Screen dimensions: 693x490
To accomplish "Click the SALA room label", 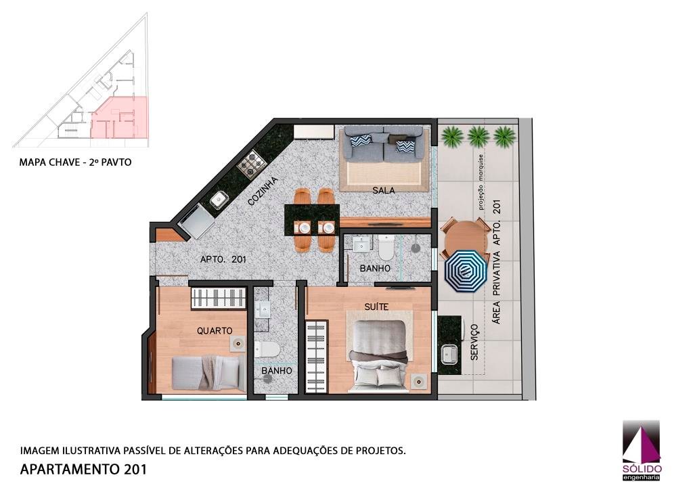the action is click(383, 190).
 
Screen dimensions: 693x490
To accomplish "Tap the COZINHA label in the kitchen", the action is click(263, 191).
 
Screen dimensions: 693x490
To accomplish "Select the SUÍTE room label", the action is click(376, 306).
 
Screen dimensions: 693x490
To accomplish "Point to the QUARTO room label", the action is click(215, 330).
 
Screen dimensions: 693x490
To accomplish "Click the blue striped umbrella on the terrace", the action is click(466, 271).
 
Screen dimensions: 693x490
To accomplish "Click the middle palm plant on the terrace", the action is click(478, 136).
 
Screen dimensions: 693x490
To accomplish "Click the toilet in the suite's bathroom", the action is click(386, 248).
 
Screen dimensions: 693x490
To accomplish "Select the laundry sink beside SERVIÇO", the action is click(450, 353).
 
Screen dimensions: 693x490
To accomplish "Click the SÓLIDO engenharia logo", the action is click(642, 450).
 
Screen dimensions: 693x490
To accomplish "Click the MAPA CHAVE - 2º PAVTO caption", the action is click(75, 162).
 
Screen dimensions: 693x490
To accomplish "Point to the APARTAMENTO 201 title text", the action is click(83, 469).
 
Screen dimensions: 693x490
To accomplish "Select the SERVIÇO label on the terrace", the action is click(474, 342).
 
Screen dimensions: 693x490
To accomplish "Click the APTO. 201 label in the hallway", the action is click(223, 259).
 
